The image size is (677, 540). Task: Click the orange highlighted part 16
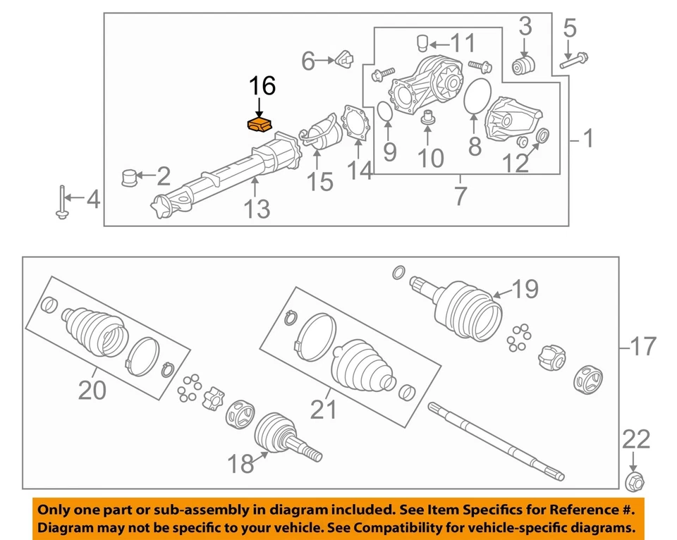point(260,125)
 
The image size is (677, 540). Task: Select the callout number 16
point(261,87)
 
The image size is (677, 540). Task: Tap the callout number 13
point(257,209)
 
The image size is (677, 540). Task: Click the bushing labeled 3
point(524,67)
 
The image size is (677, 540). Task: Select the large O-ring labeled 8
point(478,95)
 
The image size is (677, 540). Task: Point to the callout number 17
point(642,347)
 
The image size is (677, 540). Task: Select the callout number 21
point(324,408)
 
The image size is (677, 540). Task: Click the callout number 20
point(92,389)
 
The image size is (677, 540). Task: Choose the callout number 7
point(460,196)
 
